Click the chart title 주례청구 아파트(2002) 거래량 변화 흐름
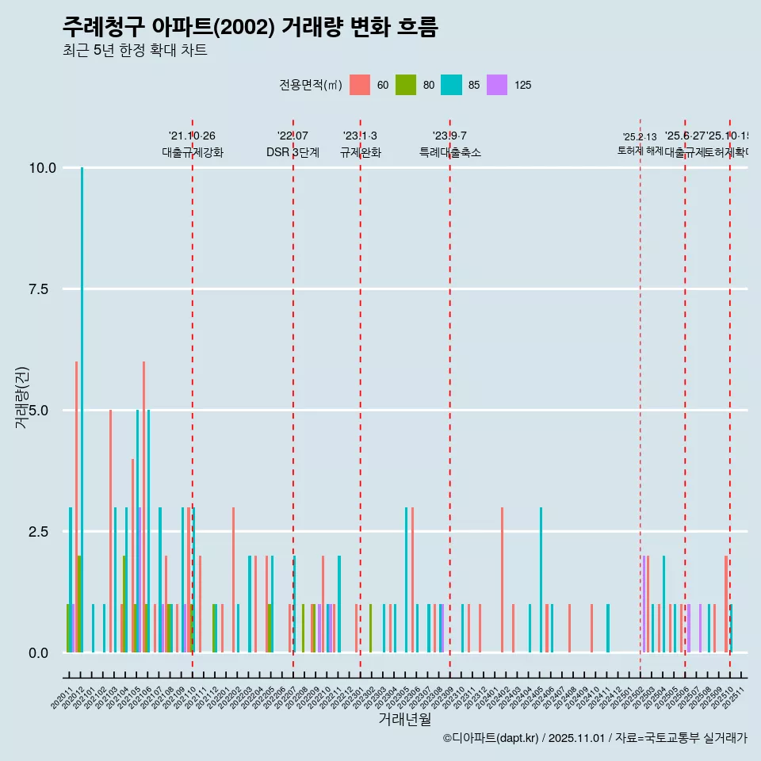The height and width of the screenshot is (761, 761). coord(250,27)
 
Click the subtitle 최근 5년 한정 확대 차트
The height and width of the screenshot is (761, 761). coord(135,51)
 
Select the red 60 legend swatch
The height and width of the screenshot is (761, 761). coord(360,85)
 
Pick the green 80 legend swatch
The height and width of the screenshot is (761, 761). coord(406,85)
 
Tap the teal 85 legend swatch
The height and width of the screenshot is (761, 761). coord(451,85)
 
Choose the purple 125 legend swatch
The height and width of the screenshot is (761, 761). coord(497,85)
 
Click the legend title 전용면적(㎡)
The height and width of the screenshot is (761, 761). coord(310,85)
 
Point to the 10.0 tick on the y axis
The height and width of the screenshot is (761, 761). coord(42,168)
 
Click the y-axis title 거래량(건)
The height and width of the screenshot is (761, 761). coord(22,397)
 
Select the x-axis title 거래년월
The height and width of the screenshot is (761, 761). coord(404,719)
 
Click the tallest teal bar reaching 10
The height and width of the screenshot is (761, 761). coord(82,396)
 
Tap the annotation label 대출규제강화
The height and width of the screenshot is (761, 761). coord(193,152)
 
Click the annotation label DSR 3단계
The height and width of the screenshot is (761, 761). coord(293,152)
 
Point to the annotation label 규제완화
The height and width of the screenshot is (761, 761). coord(361,152)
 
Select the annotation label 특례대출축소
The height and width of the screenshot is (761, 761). coord(450,152)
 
